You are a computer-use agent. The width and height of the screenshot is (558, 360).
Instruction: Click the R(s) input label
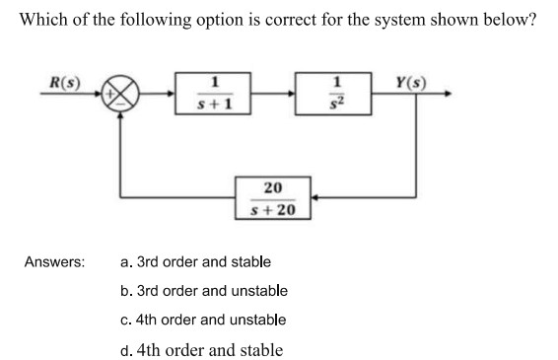click(x=65, y=83)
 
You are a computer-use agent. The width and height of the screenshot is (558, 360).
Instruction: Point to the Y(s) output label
click(x=411, y=83)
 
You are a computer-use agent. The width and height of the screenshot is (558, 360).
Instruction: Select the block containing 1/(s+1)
click(x=213, y=94)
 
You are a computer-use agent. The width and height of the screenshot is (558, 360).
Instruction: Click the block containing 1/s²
click(x=333, y=94)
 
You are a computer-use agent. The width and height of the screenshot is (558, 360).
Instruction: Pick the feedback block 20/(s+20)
click(x=273, y=198)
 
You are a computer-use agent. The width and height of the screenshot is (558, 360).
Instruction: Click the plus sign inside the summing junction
click(x=110, y=94)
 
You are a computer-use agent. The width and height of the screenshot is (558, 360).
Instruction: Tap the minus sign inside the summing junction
click(x=120, y=105)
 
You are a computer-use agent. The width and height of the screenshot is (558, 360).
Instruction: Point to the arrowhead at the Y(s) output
click(x=448, y=94)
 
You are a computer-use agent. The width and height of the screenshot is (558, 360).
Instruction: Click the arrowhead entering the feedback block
click(x=315, y=197)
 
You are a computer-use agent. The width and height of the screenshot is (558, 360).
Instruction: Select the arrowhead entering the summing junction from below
click(x=120, y=115)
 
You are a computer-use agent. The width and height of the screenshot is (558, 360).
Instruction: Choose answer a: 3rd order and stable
click(x=195, y=262)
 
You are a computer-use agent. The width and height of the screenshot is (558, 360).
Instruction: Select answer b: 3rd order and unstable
click(x=204, y=291)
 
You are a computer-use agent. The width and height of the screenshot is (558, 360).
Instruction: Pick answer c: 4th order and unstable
click(x=203, y=320)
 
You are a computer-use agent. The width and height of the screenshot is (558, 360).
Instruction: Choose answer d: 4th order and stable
click(x=202, y=350)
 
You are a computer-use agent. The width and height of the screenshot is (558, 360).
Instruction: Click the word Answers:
click(x=55, y=262)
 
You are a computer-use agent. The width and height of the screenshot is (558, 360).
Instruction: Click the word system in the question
click(x=399, y=20)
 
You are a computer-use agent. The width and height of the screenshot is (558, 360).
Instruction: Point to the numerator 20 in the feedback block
click(x=273, y=187)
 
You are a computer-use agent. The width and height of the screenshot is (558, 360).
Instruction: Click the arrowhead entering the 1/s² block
click(x=291, y=94)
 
